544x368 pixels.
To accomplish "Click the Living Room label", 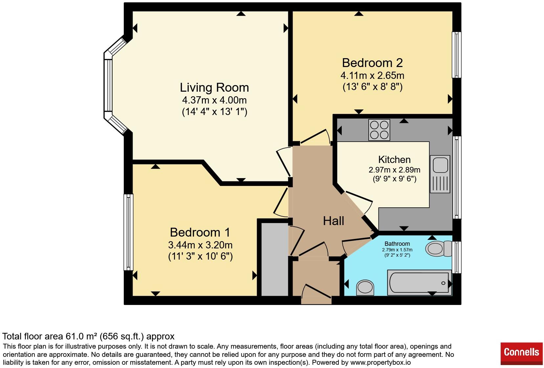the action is (x=214, y=87).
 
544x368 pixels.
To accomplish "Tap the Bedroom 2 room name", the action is (x=372, y=63).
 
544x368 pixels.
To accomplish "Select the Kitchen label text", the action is (x=394, y=160).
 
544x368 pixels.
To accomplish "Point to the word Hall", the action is (x=334, y=221).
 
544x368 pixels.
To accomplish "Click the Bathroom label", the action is (x=397, y=243).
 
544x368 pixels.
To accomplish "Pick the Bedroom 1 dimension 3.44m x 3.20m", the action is (x=200, y=245).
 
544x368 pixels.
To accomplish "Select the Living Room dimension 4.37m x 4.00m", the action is (x=214, y=100).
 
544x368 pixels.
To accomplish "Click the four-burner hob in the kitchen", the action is (x=379, y=130).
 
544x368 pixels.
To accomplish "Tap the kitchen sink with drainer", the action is (x=440, y=174).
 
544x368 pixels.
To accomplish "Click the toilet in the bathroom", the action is (x=439, y=248).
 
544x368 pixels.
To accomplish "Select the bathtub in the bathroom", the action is (x=420, y=283).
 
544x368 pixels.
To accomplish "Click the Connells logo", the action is (x=521, y=354).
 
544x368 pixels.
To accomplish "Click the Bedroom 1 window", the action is (x=128, y=232).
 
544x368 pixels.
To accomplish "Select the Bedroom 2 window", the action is (x=456, y=55).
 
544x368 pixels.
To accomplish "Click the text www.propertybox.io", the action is (x=381, y=362).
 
